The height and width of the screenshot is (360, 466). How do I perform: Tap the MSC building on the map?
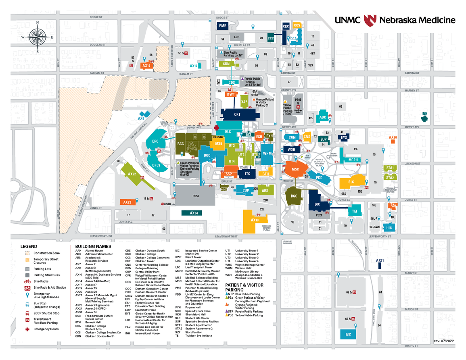pyautogui.click(x=295, y=169)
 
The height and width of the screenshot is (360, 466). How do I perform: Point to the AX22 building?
pyautogui.click(x=132, y=174)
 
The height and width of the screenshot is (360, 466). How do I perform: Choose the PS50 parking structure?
pyautogui.click(x=196, y=196)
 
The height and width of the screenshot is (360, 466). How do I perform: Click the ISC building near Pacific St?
pyautogui.click(x=348, y=334)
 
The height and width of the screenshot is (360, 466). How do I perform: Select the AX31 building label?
pyautogui.click(x=379, y=260)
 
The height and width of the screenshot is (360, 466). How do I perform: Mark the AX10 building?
pyautogui.click(x=254, y=220)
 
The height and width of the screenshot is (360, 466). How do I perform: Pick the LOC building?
pyautogui.click(x=318, y=204)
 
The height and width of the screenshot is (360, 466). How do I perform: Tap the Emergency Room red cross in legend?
pyautogui.click(x=27, y=329)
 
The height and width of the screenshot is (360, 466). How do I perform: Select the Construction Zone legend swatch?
pyautogui.click(x=27, y=253)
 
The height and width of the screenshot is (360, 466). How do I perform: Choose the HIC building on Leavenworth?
pyautogui.click(x=389, y=228)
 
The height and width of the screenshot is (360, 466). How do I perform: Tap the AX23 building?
pyautogui.click(x=127, y=202)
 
